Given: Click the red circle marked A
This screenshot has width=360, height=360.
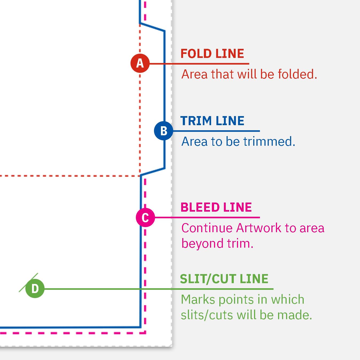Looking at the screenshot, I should pos(140,63).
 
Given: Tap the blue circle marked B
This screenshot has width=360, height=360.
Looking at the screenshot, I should pos(164,131).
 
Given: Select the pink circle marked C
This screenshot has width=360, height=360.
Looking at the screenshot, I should pos(145,217).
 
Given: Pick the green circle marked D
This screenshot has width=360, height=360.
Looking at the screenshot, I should pos(35,288).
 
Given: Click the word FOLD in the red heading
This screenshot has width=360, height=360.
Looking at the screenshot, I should pos(196,54).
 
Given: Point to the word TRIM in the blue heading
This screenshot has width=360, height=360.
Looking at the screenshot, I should pos(196,121).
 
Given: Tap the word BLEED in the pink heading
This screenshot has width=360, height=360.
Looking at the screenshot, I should pos(200,207).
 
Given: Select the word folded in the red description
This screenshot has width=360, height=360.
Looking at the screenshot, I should pos(297,74).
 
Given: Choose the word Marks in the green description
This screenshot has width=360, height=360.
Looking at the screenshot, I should pos(197,299).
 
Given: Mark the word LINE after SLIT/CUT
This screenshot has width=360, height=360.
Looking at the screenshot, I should pos(254,279).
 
